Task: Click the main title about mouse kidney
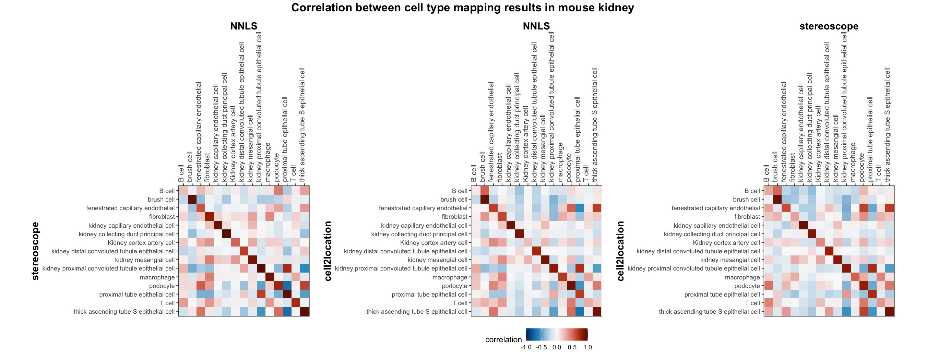tap(463, 8)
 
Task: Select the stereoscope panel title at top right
tap(829, 26)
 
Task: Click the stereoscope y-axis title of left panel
tap(35, 251)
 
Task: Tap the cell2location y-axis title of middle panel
tap(328, 251)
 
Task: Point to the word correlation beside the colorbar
tap(503, 339)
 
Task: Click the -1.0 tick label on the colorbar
tap(526, 347)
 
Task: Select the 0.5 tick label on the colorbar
tap(572, 347)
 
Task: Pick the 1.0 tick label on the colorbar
tap(587, 347)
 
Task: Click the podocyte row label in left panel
tap(162, 286)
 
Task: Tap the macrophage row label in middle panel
tap(450, 277)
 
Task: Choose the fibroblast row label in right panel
tap(747, 217)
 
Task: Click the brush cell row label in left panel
tap(161, 200)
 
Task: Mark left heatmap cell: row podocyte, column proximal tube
tap(287, 286)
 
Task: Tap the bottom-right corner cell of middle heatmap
tap(597, 312)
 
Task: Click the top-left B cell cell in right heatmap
tap(768, 190)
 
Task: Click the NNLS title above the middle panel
tap(536, 26)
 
